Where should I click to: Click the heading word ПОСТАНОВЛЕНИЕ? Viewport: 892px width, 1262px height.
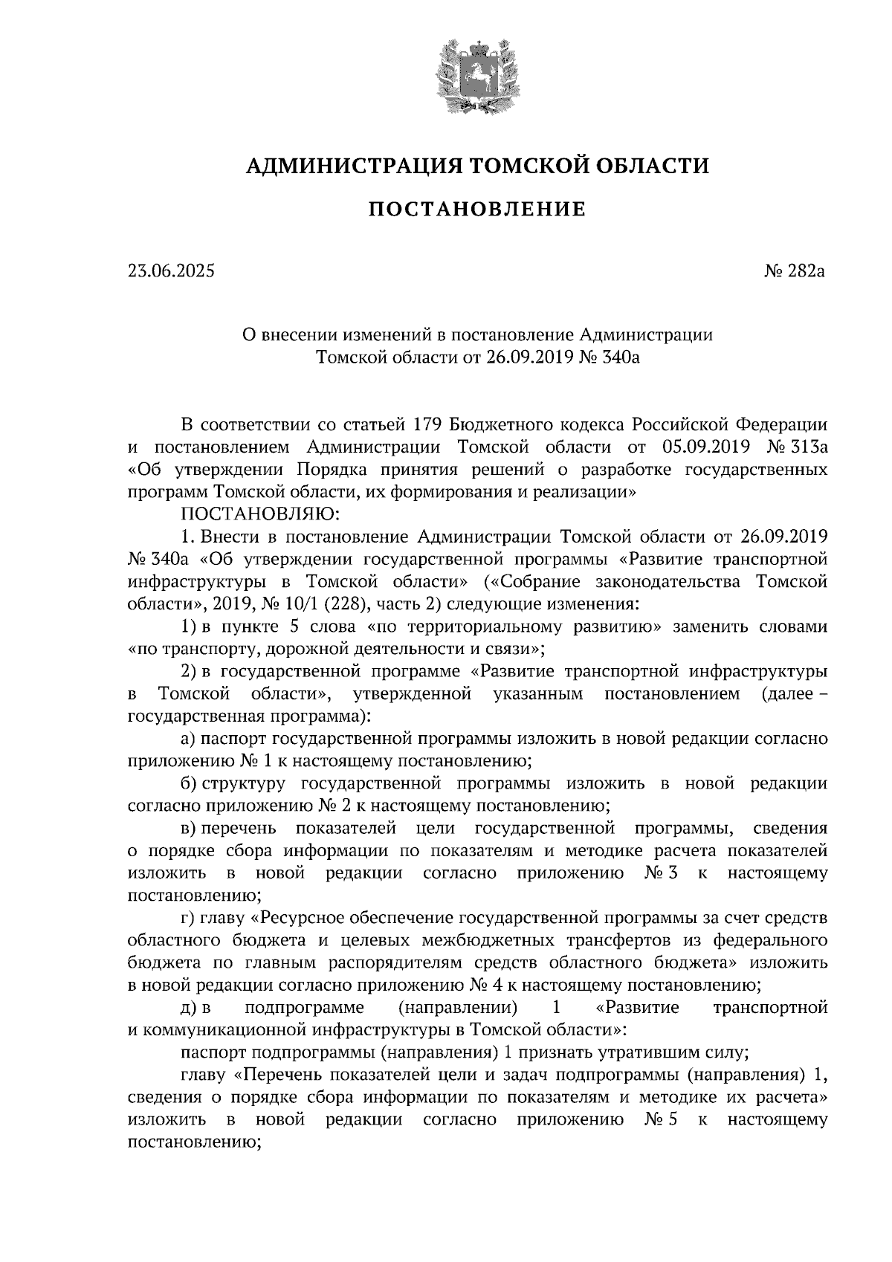point(477,210)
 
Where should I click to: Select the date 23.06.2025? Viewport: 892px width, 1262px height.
point(171,271)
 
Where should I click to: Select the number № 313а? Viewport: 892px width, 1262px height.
point(797,447)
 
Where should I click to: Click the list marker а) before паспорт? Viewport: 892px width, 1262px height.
point(189,739)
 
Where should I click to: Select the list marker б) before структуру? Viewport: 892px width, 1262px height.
point(189,783)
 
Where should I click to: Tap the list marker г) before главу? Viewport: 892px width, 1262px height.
point(188,918)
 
